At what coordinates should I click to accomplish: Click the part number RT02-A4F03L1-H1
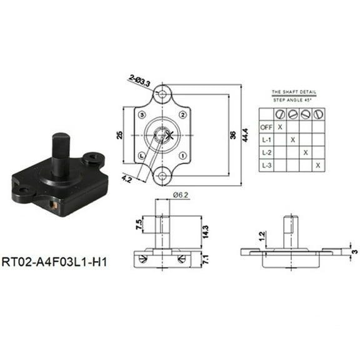(x=55, y=261)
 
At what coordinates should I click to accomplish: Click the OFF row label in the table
(x=265, y=127)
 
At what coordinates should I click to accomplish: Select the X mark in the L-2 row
(x=305, y=152)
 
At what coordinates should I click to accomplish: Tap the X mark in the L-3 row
(x=318, y=165)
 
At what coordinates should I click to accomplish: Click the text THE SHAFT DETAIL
(x=294, y=92)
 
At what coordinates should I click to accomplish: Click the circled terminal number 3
(x=142, y=116)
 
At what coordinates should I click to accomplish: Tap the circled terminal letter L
(x=142, y=155)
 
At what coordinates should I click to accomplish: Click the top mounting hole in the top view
(x=162, y=94)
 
